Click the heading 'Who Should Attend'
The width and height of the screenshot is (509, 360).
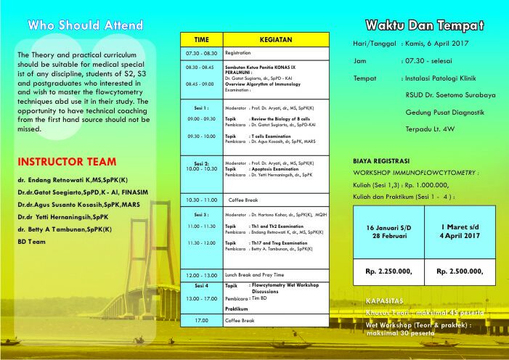85,25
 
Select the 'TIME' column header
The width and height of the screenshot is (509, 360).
201,39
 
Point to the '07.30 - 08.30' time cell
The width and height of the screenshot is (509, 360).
201,53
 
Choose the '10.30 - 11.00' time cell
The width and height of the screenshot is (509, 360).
201,199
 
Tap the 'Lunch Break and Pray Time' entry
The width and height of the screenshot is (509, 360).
255,275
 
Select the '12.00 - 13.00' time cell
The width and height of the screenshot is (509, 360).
201,275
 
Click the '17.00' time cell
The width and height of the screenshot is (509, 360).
200,320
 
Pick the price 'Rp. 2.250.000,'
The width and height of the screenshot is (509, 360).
388,271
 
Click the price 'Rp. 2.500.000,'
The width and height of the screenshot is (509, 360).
460,271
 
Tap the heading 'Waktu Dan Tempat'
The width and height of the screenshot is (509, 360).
424,25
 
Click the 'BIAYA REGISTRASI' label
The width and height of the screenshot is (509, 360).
381,160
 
